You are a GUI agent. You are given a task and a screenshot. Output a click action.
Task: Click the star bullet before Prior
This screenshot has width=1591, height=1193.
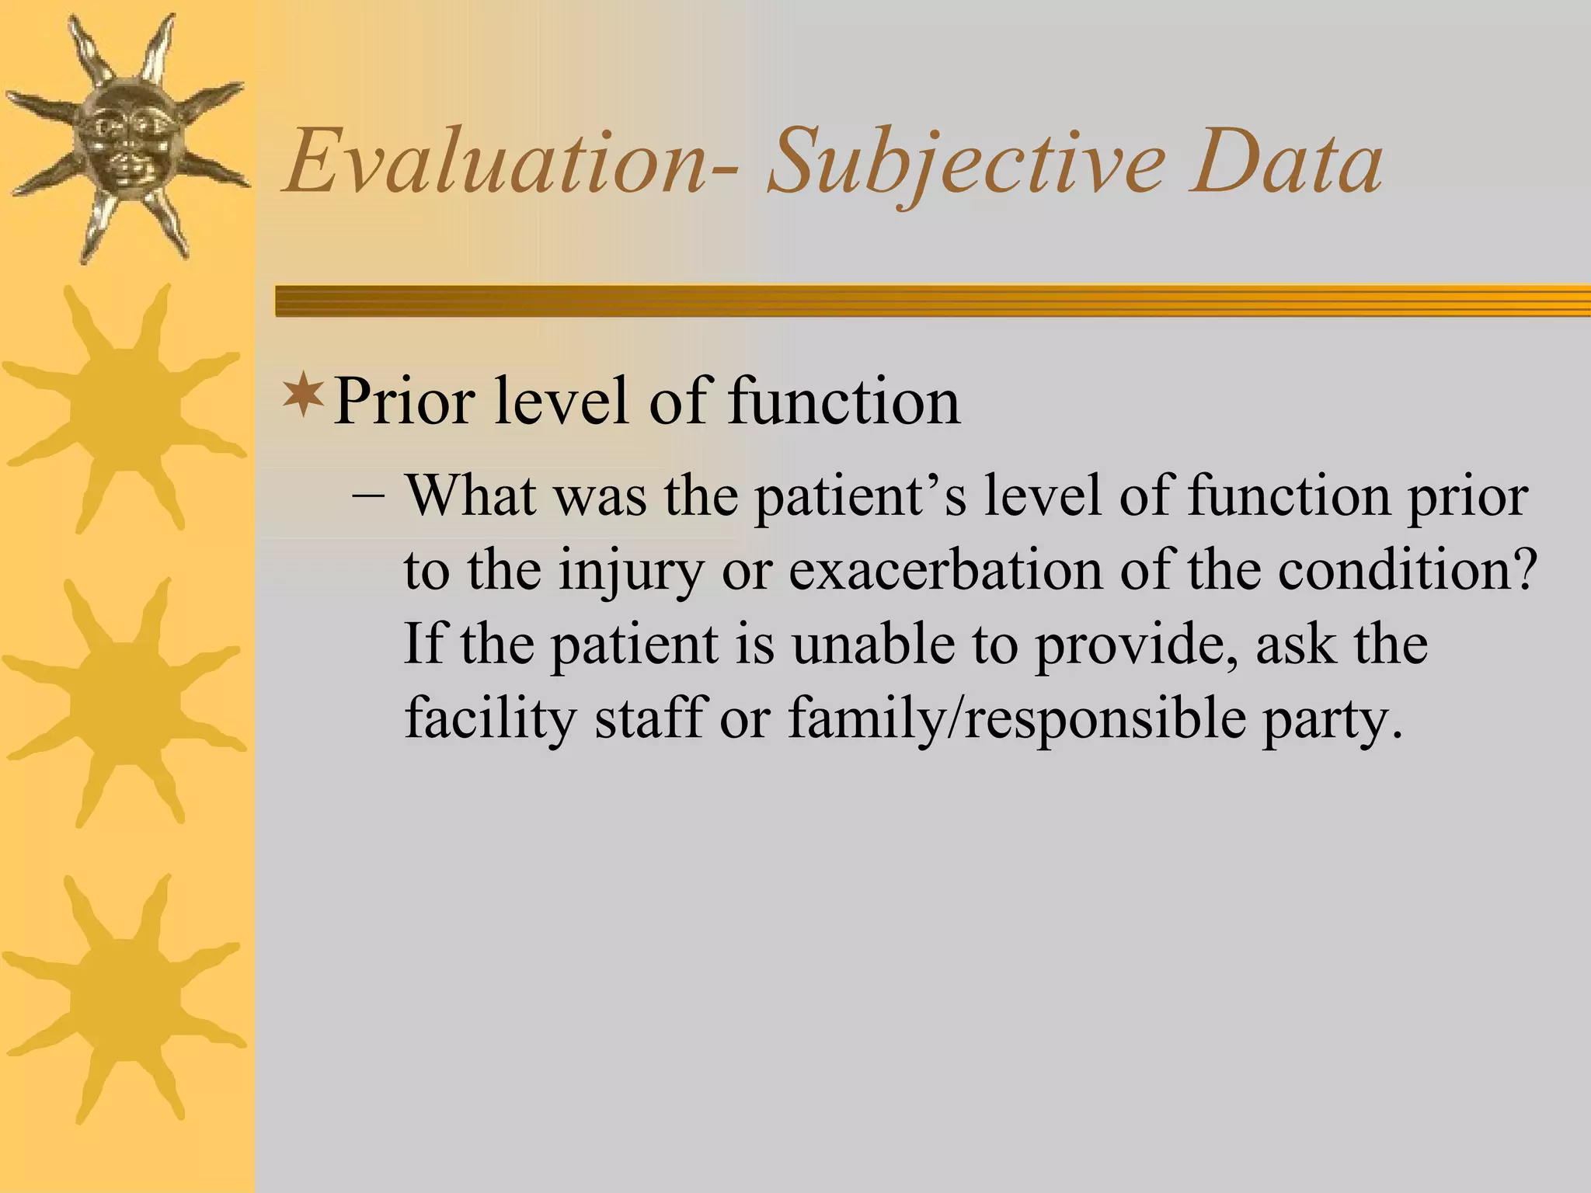tap(302, 393)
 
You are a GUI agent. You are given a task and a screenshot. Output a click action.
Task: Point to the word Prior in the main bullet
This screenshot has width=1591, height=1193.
tap(404, 402)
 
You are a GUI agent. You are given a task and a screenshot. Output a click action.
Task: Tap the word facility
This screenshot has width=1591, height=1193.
tap(489, 719)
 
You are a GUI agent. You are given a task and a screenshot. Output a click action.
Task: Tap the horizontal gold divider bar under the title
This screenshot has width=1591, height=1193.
tap(932, 301)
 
